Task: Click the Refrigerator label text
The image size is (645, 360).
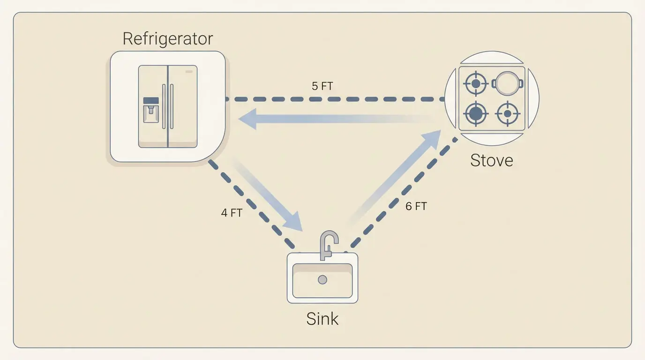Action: pos(167,38)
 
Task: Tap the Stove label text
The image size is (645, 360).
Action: pos(491,160)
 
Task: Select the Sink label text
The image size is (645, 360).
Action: pos(322,319)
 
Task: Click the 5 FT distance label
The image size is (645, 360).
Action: pos(322,86)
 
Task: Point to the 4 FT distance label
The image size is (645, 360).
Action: pos(232,213)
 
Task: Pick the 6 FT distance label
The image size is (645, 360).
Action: pos(416,206)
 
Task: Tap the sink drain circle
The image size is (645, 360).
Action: pos(322,280)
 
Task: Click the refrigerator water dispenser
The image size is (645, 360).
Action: pos(151,110)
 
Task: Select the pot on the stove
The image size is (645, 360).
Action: pos(508,84)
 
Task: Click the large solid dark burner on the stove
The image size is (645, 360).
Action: pos(476,113)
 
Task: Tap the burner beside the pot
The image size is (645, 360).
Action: pos(476,84)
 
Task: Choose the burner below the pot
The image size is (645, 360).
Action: pos(508,113)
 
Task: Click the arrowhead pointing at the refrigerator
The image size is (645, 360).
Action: pos(247,119)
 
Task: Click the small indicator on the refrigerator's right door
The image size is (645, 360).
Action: pos(189,72)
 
